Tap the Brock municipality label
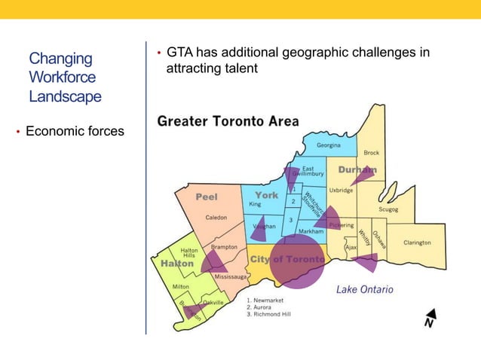[372, 153]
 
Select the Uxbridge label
[341, 191]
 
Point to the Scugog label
[388, 209]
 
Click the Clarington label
[417, 243]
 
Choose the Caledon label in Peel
[216, 218]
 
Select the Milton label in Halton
[181, 287]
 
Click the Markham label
[311, 232]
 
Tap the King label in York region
[255, 204]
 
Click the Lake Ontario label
[364, 289]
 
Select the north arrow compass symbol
[429, 318]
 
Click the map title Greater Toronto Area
[228, 121]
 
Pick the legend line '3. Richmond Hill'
[268, 314]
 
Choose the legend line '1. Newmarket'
[265, 301]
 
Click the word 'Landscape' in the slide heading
[65, 96]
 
